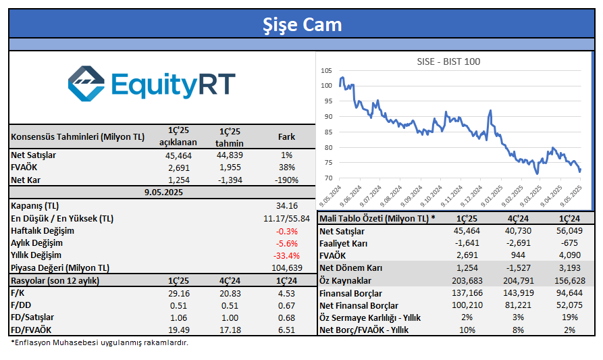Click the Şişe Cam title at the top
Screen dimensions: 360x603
coord(301,25)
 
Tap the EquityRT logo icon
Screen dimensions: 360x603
coord(86,84)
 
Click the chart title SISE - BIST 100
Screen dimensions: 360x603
coord(448,61)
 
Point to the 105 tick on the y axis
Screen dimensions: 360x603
coord(327,70)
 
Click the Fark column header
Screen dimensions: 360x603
coord(286,137)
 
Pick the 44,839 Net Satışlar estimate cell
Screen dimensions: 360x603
coord(230,155)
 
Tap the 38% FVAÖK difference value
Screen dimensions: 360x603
coord(287,168)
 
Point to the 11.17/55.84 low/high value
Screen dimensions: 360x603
coord(286,218)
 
